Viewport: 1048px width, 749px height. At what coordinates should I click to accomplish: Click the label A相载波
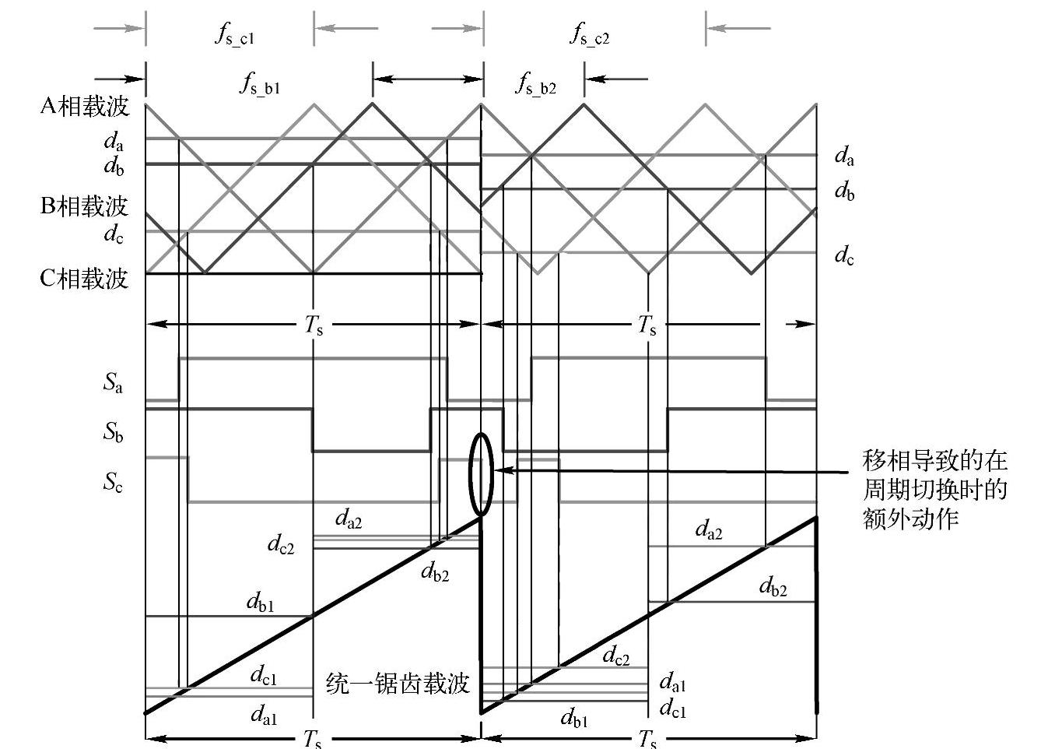(84, 106)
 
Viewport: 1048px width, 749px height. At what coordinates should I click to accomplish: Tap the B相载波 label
(84, 206)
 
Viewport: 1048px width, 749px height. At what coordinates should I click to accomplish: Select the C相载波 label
(84, 278)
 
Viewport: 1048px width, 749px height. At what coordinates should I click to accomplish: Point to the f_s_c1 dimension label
(234, 35)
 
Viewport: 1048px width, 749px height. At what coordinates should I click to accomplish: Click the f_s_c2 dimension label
(590, 35)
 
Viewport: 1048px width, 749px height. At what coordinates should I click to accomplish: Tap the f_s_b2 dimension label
(535, 84)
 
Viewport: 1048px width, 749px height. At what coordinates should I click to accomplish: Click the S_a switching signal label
(113, 383)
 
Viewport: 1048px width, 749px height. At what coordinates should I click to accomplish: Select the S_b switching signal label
(113, 433)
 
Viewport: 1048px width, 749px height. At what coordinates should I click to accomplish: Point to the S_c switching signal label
(113, 483)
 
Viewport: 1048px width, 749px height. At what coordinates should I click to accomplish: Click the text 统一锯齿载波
(398, 684)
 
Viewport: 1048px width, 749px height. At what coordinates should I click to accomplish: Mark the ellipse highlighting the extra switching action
(481, 473)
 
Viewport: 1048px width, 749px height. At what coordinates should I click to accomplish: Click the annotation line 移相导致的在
(934, 461)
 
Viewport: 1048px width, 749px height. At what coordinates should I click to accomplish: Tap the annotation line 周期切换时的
(934, 490)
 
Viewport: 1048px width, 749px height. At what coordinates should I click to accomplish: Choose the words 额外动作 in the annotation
(910, 519)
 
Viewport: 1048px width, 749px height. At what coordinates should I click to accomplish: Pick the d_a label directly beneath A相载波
(114, 142)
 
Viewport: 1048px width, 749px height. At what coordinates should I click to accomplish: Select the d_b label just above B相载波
(114, 166)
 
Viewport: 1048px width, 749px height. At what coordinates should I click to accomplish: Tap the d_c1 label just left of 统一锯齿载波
(263, 675)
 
